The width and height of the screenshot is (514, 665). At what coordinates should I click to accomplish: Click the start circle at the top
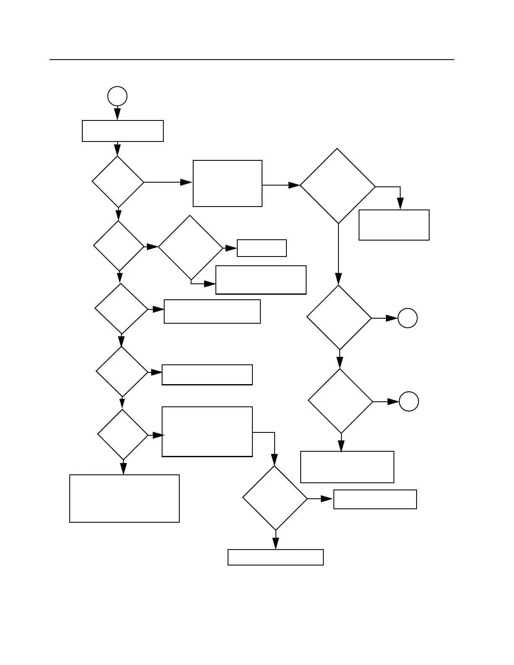click(x=117, y=96)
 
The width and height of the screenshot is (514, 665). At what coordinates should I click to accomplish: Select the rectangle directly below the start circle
click(x=123, y=131)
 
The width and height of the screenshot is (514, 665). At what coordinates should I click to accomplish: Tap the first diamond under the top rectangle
click(x=118, y=182)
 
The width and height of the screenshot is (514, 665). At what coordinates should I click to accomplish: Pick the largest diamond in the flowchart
click(x=338, y=186)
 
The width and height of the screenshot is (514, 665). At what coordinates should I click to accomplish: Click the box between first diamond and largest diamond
click(x=228, y=183)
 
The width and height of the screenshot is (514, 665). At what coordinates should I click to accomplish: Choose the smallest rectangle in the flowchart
click(x=262, y=248)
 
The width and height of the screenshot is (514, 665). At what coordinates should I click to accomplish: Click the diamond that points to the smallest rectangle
click(x=190, y=248)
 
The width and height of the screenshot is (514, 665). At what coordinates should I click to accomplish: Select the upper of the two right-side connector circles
click(x=407, y=318)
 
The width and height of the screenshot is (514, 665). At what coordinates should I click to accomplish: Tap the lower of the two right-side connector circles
click(x=409, y=401)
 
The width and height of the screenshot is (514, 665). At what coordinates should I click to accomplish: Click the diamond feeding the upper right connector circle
click(x=339, y=317)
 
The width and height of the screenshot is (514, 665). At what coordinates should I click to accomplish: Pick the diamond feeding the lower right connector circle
click(x=341, y=401)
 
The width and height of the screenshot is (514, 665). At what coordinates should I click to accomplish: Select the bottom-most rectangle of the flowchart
click(x=275, y=557)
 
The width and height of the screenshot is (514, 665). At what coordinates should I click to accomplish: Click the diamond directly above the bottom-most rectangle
click(x=275, y=498)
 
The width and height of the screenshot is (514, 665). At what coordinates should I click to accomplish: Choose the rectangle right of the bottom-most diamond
click(x=375, y=499)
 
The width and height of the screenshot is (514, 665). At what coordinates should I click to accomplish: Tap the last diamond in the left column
click(x=123, y=435)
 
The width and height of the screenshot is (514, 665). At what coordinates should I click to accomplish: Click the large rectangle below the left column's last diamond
click(x=124, y=498)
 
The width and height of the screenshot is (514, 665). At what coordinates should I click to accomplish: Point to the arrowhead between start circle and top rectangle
click(x=117, y=114)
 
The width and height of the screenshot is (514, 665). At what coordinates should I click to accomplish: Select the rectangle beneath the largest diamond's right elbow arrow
click(x=394, y=225)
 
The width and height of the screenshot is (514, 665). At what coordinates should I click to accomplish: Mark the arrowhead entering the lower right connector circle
click(x=393, y=402)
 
